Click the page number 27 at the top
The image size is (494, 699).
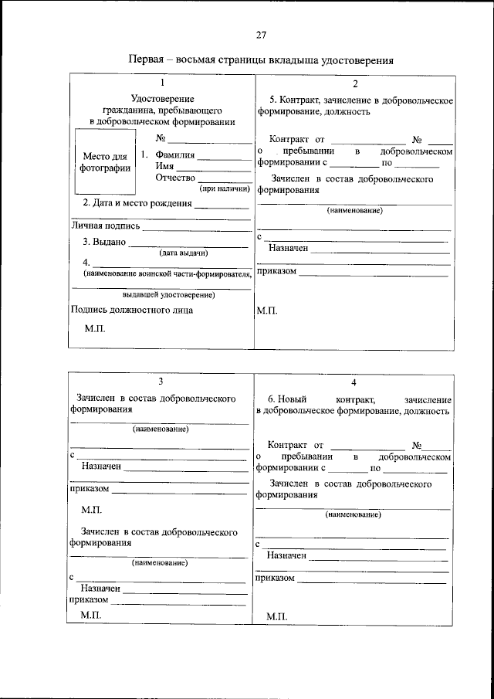(x=261, y=35)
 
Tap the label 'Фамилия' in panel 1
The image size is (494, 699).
(x=175, y=155)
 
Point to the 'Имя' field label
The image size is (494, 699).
(x=164, y=166)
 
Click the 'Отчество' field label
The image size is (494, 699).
(x=175, y=178)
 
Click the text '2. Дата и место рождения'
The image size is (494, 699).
(x=137, y=203)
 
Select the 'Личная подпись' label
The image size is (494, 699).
(x=106, y=226)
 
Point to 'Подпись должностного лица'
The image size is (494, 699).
(x=131, y=310)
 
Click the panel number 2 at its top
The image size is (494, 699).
(x=354, y=83)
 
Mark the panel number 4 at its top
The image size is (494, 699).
(x=354, y=382)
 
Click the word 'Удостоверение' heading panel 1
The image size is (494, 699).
(x=162, y=99)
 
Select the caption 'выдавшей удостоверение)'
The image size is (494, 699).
(x=168, y=294)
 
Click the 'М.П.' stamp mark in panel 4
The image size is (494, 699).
(x=276, y=616)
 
